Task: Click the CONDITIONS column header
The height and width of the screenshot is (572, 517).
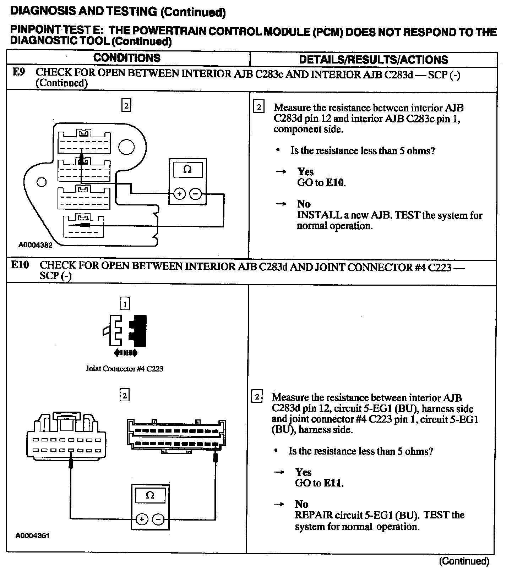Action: click(127, 58)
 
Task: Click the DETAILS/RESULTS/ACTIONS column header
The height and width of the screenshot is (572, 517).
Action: click(373, 59)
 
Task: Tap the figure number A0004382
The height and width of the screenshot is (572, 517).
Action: click(36, 245)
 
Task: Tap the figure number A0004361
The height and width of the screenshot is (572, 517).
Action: click(32, 535)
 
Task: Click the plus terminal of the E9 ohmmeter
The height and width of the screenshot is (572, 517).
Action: click(179, 194)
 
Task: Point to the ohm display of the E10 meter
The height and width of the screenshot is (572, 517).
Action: click(150, 495)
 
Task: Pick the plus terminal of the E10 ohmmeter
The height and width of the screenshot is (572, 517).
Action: click(142, 519)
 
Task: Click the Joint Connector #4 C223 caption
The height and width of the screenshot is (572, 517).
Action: click(124, 369)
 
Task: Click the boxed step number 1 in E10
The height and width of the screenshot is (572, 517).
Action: click(125, 304)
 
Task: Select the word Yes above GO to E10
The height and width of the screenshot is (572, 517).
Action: click(305, 172)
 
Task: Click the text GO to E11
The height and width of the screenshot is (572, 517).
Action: click(319, 483)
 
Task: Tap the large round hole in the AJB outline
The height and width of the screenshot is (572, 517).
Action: click(126, 147)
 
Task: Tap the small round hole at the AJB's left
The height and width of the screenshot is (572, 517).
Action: click(42, 182)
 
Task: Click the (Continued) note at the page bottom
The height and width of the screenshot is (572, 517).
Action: click(464, 561)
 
